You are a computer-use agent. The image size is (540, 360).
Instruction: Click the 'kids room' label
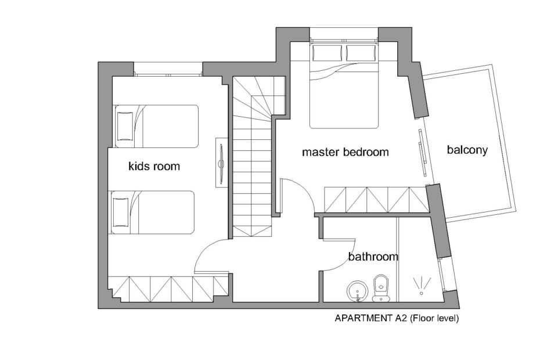(x=154, y=167)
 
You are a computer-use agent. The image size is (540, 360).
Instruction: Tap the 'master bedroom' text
(x=345, y=152)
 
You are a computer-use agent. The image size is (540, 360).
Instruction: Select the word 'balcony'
(x=467, y=150)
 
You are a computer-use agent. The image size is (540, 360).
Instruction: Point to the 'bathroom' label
(x=373, y=257)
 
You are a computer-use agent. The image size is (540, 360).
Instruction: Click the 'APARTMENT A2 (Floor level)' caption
(x=397, y=318)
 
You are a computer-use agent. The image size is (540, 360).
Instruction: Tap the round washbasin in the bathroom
(x=358, y=291)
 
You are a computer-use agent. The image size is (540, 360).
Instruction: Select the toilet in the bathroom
(x=381, y=288)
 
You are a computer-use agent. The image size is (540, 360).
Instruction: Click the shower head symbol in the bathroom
(x=421, y=286)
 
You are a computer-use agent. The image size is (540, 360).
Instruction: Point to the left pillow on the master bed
(x=327, y=53)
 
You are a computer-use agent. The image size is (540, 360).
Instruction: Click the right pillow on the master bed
(x=360, y=53)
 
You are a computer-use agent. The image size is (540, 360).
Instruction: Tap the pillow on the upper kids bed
(x=125, y=126)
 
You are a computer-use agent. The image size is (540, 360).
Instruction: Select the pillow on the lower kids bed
(x=121, y=212)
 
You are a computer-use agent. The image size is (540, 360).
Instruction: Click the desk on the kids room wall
(x=221, y=162)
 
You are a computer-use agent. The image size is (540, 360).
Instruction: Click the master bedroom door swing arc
(x=303, y=189)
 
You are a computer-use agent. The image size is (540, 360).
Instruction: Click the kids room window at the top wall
(x=168, y=69)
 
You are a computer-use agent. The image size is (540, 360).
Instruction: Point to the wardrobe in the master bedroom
(x=376, y=200)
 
